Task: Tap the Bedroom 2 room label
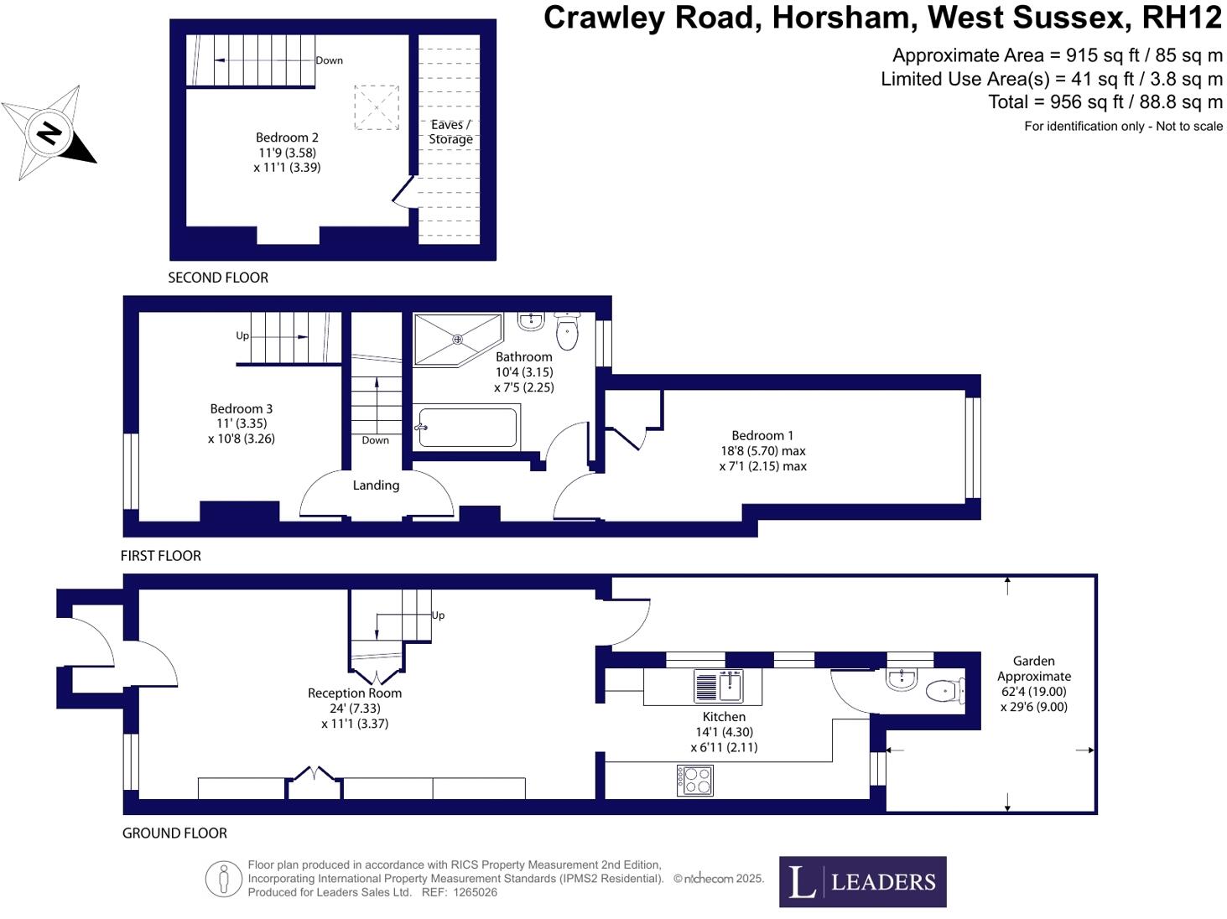[x=287, y=138]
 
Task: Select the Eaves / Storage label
[x=450, y=132]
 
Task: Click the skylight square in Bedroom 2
[x=376, y=107]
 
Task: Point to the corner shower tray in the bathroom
[x=456, y=340]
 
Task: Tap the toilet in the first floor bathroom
[x=568, y=332]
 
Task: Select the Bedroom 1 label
[x=762, y=435]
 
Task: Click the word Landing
[x=376, y=485]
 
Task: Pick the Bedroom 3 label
[x=241, y=408]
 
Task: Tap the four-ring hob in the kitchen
[x=694, y=781]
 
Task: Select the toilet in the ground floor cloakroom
[x=944, y=691]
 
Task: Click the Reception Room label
[x=354, y=693]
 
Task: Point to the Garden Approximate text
[x=1033, y=668]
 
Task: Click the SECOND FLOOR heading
[x=218, y=278]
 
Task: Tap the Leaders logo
[x=862, y=881]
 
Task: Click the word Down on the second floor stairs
[x=329, y=60]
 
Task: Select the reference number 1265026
[x=475, y=892]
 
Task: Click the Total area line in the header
[x=1105, y=102]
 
